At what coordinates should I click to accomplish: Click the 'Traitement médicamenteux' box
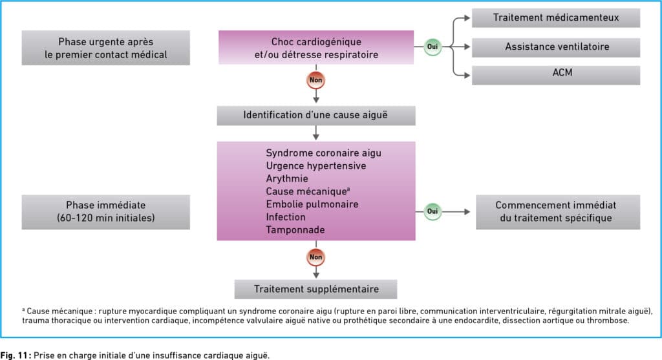[x=555, y=18]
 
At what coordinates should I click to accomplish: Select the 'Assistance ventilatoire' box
[x=555, y=47]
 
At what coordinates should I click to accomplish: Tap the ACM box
[x=555, y=75]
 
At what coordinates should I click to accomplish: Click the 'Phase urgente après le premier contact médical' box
[x=105, y=48]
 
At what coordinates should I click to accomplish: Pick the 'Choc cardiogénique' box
[x=315, y=47]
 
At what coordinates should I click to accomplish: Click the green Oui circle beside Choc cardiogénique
[x=432, y=47]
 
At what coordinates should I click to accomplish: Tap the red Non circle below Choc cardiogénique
[x=315, y=80]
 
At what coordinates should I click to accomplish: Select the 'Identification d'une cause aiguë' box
[x=315, y=116]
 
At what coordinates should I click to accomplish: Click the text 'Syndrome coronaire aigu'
[x=323, y=153]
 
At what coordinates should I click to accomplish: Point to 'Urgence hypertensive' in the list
[x=315, y=166]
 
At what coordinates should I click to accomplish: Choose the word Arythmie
[x=287, y=178]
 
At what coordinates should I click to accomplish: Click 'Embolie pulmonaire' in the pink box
[x=312, y=204]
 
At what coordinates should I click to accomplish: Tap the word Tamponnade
[x=295, y=230]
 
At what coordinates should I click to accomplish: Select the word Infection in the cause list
[x=285, y=217]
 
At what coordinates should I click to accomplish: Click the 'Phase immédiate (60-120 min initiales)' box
[x=105, y=212]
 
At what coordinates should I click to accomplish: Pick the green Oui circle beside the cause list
[x=432, y=211]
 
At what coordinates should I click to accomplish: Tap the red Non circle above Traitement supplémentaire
[x=315, y=257]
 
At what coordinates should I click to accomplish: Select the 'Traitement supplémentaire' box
[x=315, y=289]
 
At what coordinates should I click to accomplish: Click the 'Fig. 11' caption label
[x=16, y=355]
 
